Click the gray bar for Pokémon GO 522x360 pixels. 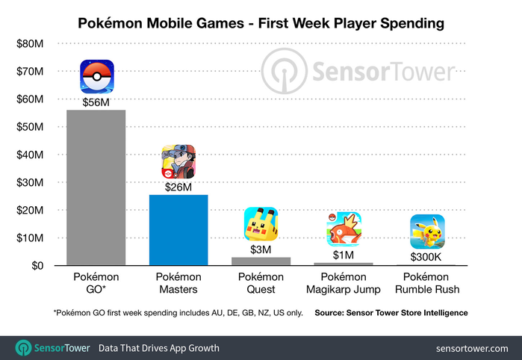[x=96, y=187]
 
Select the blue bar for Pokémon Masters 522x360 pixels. [x=178, y=229]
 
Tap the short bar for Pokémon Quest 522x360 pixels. [x=261, y=261]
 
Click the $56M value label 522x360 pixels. [x=96, y=102]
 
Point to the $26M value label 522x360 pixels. [x=178, y=186]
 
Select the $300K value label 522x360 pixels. [x=427, y=256]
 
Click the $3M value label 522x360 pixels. [x=261, y=249]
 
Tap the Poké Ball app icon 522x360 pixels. [x=96, y=77]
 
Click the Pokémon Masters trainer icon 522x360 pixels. [x=178, y=161]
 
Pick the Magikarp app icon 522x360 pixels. [x=343, y=229]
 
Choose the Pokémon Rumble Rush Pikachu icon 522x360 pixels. [x=427, y=232]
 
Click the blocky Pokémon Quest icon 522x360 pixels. [x=261, y=224]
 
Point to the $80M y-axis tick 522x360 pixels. [x=31, y=44]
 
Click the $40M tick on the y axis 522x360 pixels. [x=31, y=155]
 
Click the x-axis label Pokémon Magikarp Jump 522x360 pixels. [x=343, y=284]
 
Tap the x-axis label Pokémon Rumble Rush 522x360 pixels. [x=427, y=284]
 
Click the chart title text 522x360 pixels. [x=261, y=24]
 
